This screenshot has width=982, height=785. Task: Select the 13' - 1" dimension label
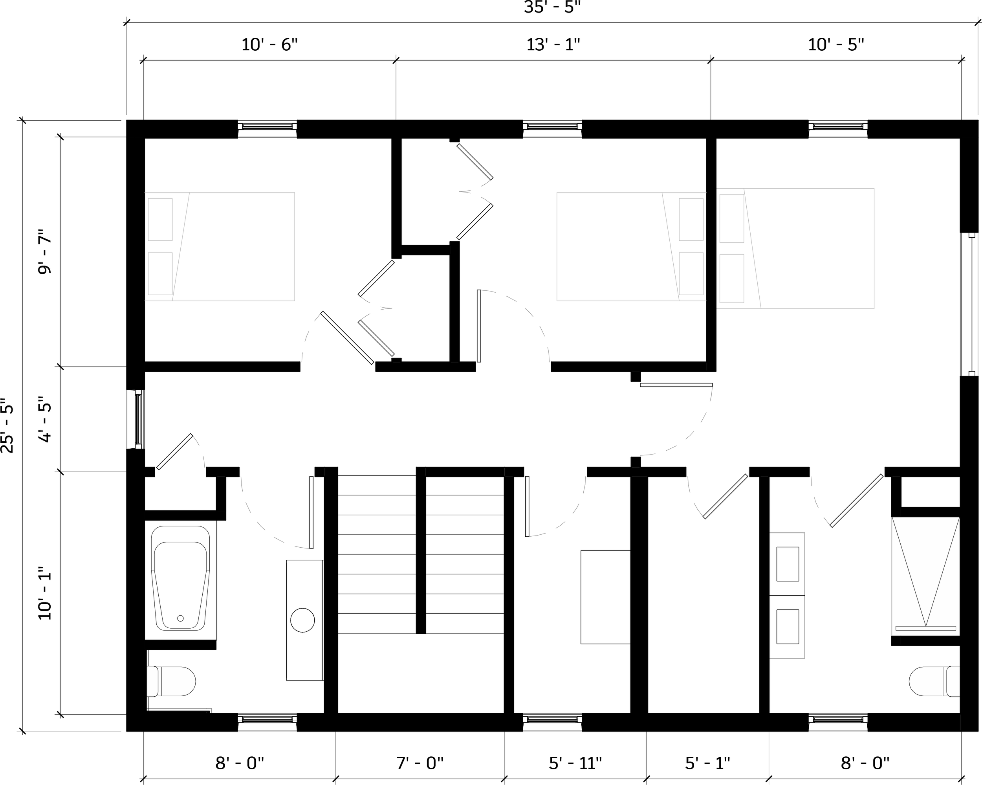(x=553, y=45)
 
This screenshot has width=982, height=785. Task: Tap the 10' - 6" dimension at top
(x=269, y=45)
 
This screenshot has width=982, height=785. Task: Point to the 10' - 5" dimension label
(x=836, y=45)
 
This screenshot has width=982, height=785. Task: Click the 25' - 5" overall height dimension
(x=8, y=426)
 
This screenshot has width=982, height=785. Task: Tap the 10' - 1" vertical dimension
(x=45, y=593)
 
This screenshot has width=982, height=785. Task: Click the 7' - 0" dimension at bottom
(x=420, y=763)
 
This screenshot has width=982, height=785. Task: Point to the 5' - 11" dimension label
(x=575, y=763)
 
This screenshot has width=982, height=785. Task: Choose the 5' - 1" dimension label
(x=707, y=763)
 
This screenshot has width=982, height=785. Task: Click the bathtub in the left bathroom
(x=180, y=578)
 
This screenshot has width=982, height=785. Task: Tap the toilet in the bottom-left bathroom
(x=171, y=681)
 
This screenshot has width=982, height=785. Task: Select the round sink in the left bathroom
(x=302, y=620)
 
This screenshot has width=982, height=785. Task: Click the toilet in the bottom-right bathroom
(x=934, y=682)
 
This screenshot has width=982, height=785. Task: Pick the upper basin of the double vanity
(x=788, y=564)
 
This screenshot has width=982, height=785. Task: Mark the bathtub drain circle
(x=180, y=618)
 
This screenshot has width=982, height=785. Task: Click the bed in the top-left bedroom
(x=220, y=246)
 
